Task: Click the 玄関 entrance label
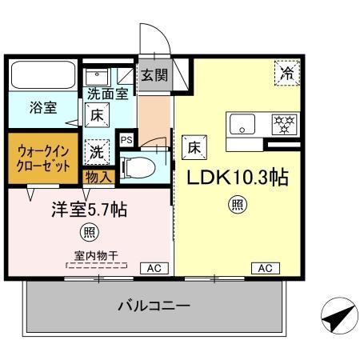point(154,76)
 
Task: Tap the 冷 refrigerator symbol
point(286,73)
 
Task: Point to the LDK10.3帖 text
point(238,178)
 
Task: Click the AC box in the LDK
point(264,268)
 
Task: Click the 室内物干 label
point(96,255)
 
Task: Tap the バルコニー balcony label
point(153,306)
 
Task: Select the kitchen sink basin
point(242,124)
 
